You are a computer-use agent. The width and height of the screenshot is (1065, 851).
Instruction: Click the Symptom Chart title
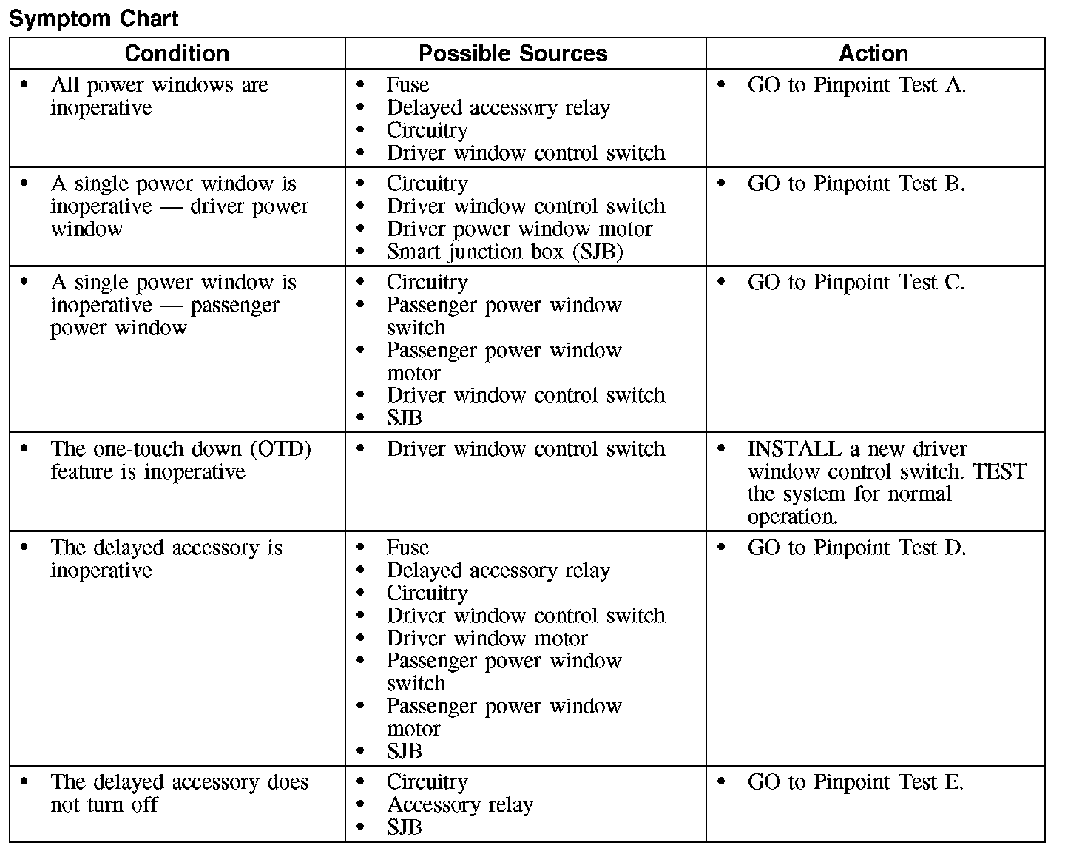coord(93,18)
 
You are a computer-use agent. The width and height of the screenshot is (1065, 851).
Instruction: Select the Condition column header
coord(177,54)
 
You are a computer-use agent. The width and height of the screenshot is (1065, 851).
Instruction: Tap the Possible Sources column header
coord(513,54)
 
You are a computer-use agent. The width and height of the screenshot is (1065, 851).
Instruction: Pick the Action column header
coord(873,54)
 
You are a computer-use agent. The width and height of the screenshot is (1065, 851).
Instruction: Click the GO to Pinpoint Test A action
coord(856,86)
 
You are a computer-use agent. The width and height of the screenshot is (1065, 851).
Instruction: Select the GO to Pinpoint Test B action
coord(856,184)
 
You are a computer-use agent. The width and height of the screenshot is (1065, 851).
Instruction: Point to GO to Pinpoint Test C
coord(856,283)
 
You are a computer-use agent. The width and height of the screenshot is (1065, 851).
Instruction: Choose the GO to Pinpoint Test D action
coord(856,548)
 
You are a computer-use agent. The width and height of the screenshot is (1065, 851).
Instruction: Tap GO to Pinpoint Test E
coord(855,783)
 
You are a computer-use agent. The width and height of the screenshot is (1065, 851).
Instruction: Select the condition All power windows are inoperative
coord(159,96)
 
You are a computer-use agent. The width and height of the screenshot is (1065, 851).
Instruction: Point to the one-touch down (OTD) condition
coord(180,460)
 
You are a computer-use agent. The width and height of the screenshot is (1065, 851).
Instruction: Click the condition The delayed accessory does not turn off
coord(179,793)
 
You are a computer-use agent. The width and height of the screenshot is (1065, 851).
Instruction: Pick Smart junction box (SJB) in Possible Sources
coord(504,252)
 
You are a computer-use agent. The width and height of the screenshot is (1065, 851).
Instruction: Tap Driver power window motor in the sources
coord(519,229)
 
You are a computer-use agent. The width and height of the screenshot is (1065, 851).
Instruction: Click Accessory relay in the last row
coord(459,805)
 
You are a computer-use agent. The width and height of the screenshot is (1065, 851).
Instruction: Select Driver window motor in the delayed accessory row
coord(487,639)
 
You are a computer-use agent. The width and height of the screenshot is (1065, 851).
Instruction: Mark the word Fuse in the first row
coord(408,86)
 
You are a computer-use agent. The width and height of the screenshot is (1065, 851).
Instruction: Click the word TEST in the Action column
coord(999,472)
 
